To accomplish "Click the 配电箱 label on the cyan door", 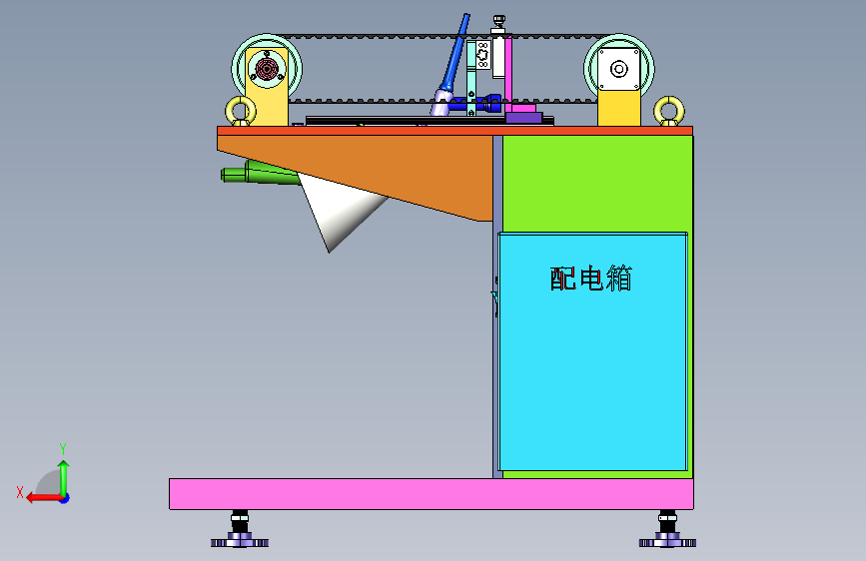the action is (x=591, y=279).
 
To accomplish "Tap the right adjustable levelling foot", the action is (x=667, y=532).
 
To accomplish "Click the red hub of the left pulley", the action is (x=267, y=68).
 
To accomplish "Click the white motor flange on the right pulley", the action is (x=618, y=68).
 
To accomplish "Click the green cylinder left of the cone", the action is (x=255, y=174).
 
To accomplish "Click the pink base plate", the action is (x=430, y=493).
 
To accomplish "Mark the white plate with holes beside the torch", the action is (x=481, y=57).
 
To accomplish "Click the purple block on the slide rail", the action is (x=523, y=117).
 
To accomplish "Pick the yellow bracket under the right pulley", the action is (x=618, y=109).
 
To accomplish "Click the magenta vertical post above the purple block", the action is (x=508, y=70).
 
